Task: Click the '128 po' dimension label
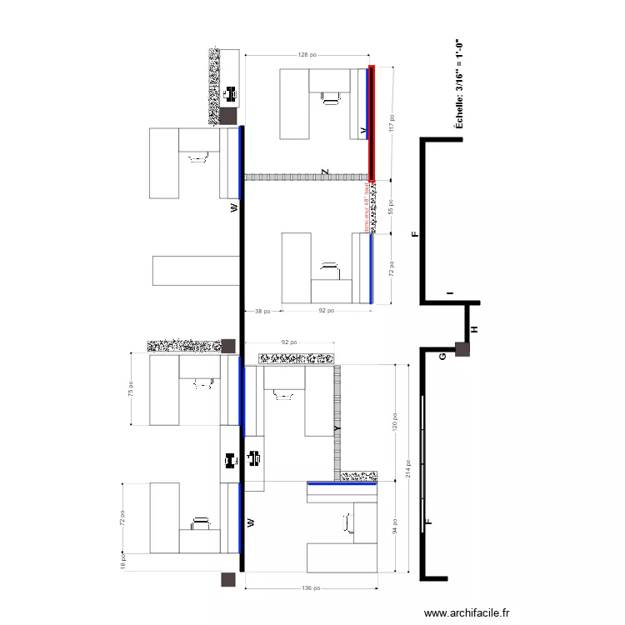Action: (x=307, y=55)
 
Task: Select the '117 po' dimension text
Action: (x=392, y=123)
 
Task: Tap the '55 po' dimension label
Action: (x=392, y=207)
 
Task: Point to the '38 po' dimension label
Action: (x=262, y=311)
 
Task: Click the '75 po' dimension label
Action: (x=130, y=389)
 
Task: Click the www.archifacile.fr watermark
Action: (x=467, y=612)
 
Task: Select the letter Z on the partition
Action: (x=325, y=172)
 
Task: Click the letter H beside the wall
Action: (x=475, y=330)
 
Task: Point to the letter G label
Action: (x=442, y=356)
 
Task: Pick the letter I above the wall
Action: (x=449, y=293)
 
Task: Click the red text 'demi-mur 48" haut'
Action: (x=366, y=208)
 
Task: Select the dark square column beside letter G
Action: (x=462, y=351)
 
